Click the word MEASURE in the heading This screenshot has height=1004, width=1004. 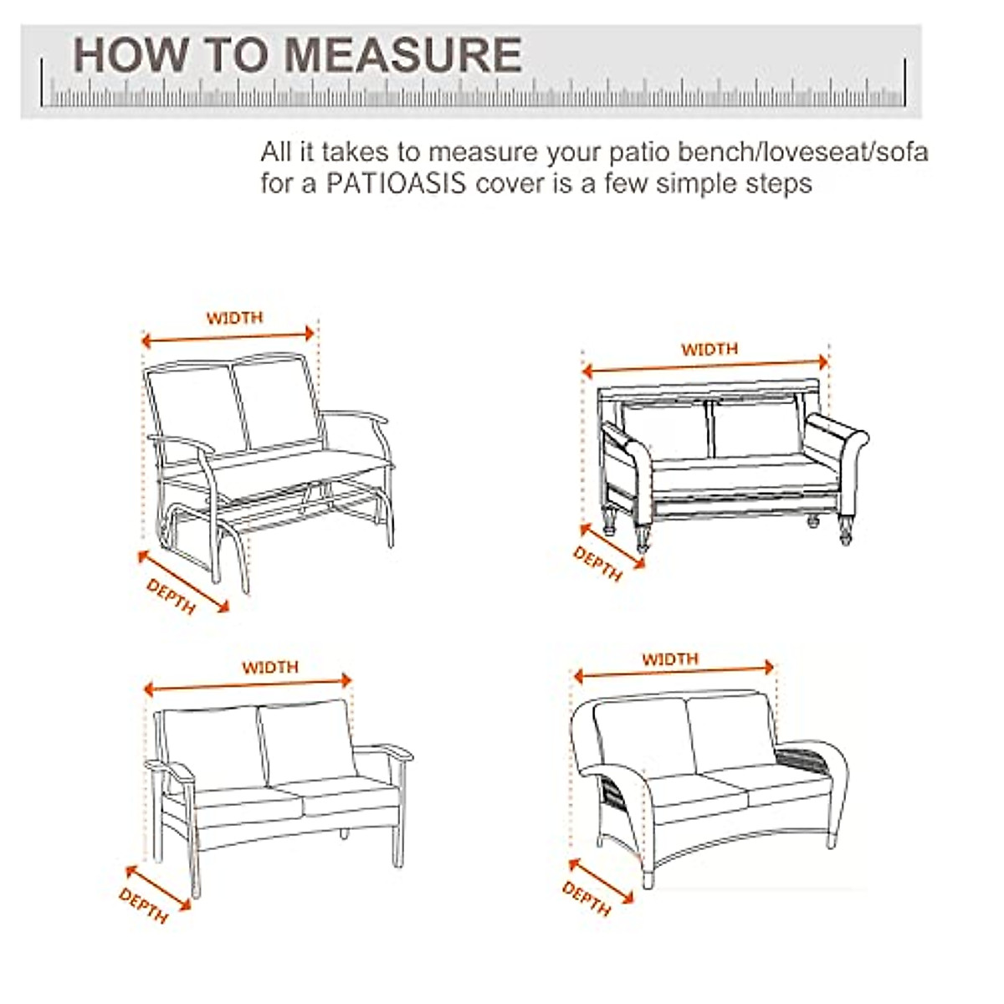point(401,55)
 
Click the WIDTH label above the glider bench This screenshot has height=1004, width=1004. point(234,318)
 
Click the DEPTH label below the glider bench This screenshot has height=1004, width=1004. point(171,597)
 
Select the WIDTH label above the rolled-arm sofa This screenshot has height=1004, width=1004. point(709,349)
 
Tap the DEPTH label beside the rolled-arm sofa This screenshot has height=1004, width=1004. point(597,563)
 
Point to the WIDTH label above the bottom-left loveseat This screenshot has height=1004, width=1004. point(269,668)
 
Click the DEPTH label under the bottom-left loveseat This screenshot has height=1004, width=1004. point(143,906)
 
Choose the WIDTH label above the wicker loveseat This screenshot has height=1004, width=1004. point(669,659)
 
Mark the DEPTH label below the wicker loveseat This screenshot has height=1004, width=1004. point(587,898)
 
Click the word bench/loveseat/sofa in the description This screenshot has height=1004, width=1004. point(802,152)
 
